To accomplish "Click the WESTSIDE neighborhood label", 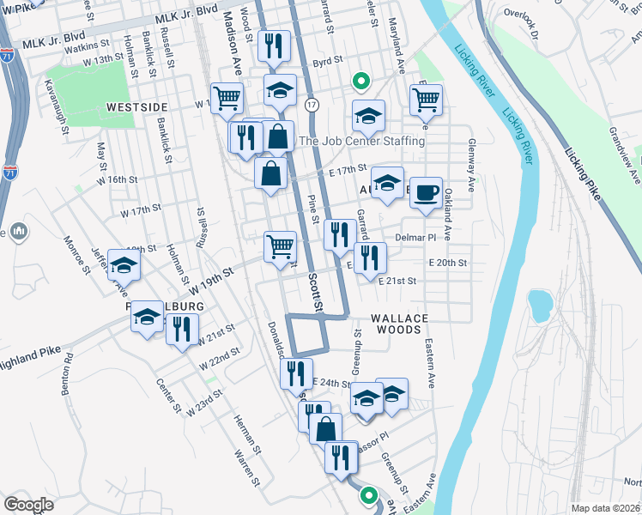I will pos(136,106).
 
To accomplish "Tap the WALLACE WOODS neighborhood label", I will pos(399,318).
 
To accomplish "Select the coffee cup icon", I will pos(425,195).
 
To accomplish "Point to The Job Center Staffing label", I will pos(361,141).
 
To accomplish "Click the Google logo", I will pos(28,504).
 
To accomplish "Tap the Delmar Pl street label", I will pos(416,236).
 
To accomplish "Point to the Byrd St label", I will pos(328,62).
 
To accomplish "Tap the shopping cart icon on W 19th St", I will pos(281,246).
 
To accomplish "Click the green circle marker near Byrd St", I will pos(361,82).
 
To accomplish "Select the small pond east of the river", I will pos(539,303).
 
